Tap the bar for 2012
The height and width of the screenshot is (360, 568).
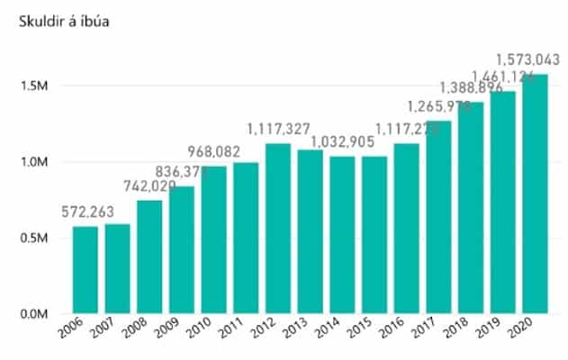tap(279, 229)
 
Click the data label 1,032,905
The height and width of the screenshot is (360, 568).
tap(350, 142)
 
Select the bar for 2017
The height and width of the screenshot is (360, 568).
tap(439, 217)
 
